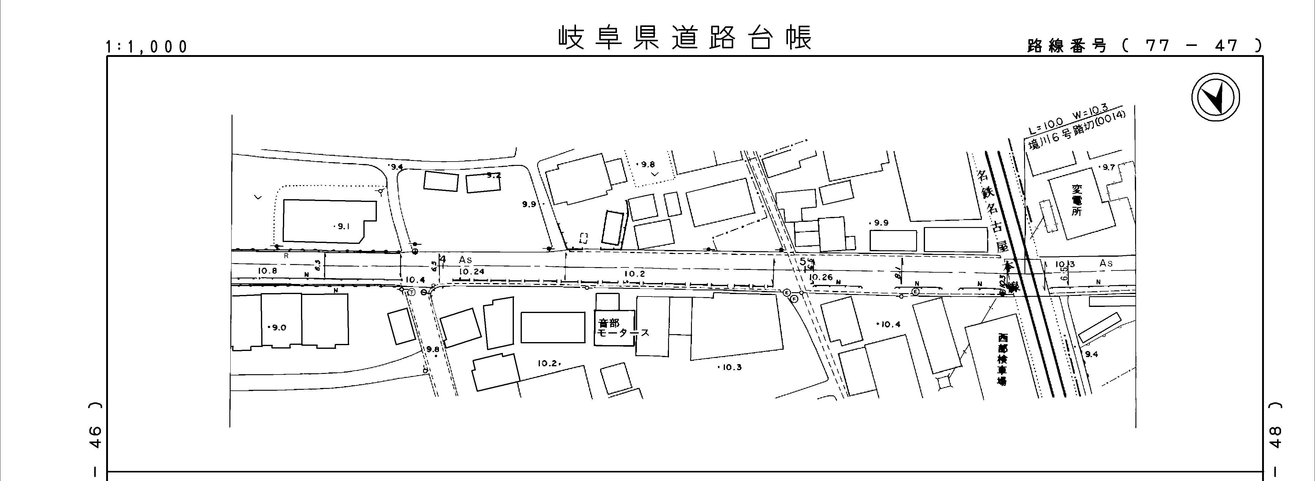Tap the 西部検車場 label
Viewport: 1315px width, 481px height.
[1003, 360]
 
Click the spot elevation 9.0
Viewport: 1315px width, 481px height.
[279, 328]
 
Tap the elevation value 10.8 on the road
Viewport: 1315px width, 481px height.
[267, 270]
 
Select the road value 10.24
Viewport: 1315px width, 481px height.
[471, 272]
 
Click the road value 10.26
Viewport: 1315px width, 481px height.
[821, 277]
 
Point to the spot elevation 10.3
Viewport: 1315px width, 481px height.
[731, 367]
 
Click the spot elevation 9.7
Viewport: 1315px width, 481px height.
[1108, 167]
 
